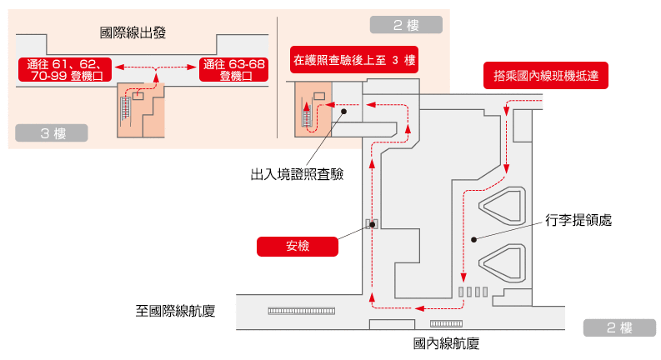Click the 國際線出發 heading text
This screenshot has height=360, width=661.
[x=133, y=33]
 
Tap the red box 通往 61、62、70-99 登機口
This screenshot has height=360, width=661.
[x=65, y=69]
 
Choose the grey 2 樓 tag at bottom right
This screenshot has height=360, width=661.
[x=620, y=327]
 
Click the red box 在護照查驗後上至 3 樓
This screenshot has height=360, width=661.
[x=353, y=61]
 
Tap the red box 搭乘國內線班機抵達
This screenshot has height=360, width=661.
[x=545, y=76]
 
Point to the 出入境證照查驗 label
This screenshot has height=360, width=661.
[x=298, y=174]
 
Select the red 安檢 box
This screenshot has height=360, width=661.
[x=298, y=246]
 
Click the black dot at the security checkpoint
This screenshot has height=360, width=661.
[x=372, y=223]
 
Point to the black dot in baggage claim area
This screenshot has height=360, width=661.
[x=473, y=240]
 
